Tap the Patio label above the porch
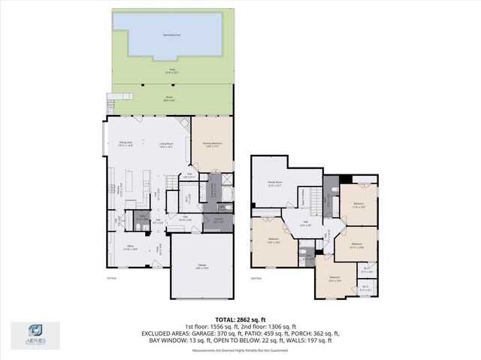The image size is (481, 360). [x=171, y=71]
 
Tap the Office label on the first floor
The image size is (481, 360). [x=130, y=247]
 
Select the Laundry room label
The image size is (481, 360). [x=217, y=221]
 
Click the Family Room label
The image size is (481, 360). [x=274, y=183]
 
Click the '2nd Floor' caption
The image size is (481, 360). [x=256, y=278]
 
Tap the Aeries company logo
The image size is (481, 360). [x=35, y=332]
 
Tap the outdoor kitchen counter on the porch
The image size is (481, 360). [x=113, y=98]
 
